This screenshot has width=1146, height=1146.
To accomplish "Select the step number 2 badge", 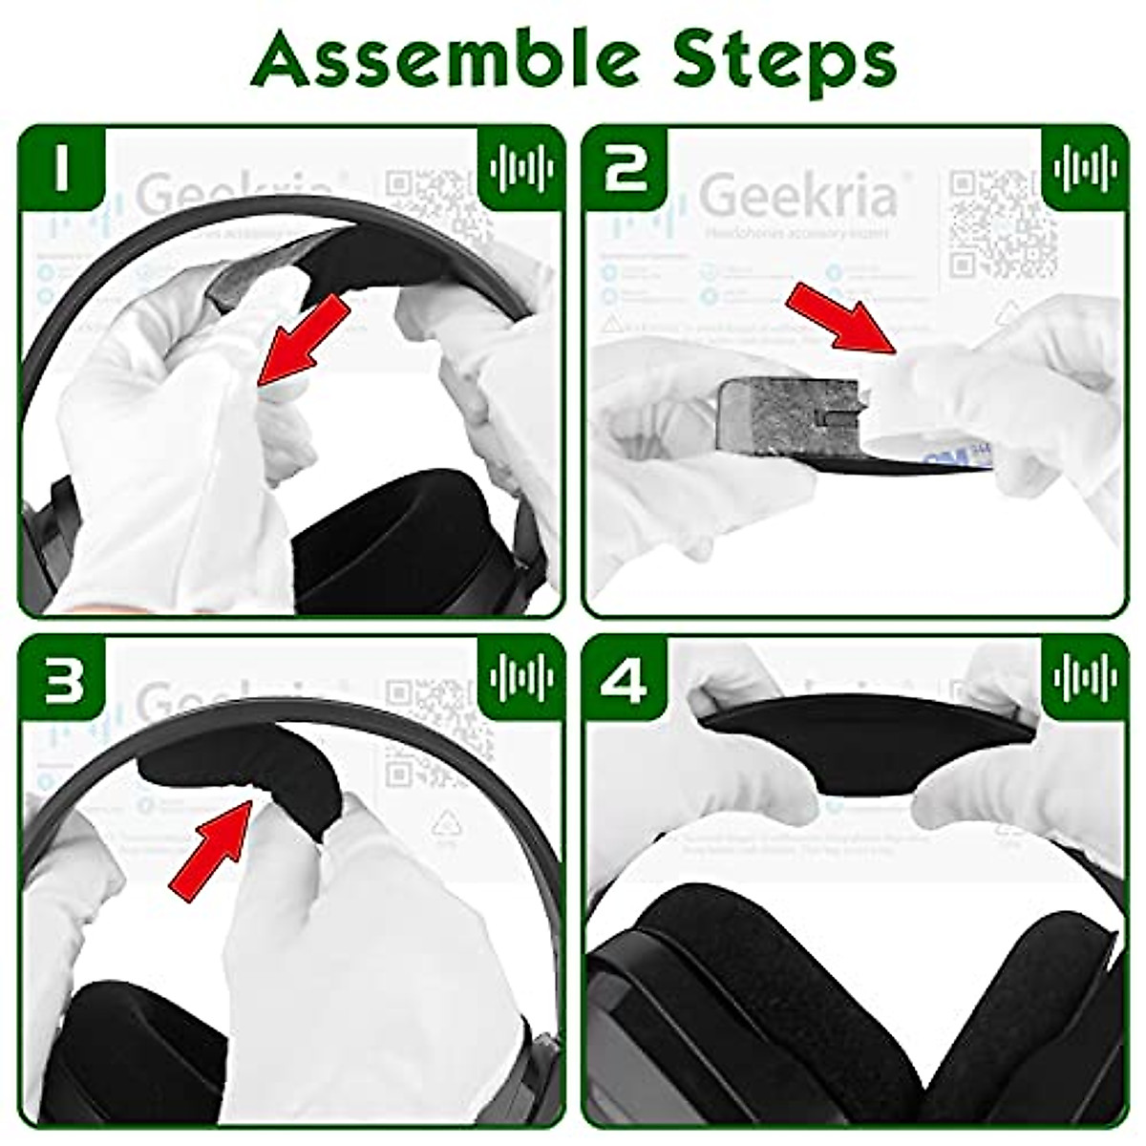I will coord(625,169).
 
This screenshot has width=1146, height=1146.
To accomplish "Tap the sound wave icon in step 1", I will coord(521,169).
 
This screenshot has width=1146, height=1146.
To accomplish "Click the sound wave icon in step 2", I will coord(1085,169).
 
